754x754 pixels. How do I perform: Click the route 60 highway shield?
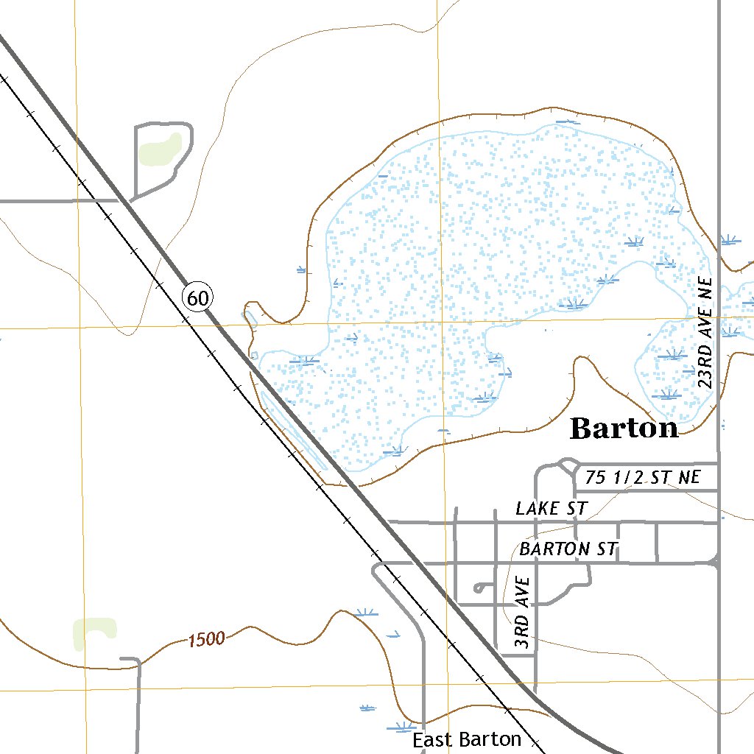pyautogui.click(x=197, y=297)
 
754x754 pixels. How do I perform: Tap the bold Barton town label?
pyautogui.click(x=624, y=429)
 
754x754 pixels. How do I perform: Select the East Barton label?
pyautogui.click(x=467, y=739)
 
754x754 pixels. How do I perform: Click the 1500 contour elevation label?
pyautogui.click(x=205, y=639)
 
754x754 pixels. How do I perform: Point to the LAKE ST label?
pyautogui.click(x=551, y=508)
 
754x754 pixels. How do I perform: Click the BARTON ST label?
pyautogui.click(x=568, y=549)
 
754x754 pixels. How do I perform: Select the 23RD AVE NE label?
pyautogui.click(x=706, y=333)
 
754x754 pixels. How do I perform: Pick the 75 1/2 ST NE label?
pyautogui.click(x=643, y=477)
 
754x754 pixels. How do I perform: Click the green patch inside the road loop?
pyautogui.click(x=160, y=149)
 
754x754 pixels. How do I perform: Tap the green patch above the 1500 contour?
pyautogui.click(x=94, y=632)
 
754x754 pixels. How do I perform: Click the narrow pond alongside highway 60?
pyautogui.click(x=292, y=430)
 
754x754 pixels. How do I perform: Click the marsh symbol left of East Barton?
pyautogui.click(x=401, y=727)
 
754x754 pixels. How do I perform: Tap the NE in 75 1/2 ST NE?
pyautogui.click(x=689, y=477)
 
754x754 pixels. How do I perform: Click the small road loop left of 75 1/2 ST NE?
pyautogui.click(x=568, y=465)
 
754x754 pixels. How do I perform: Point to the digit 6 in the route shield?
pyautogui.click(x=193, y=297)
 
